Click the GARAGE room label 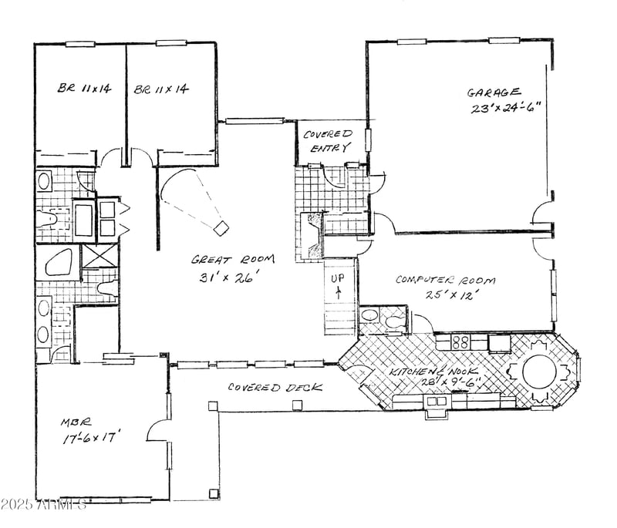point(494,92)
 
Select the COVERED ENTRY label point(328,140)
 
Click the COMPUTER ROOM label point(445,280)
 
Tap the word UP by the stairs point(338,277)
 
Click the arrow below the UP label point(338,291)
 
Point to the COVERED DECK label point(265,388)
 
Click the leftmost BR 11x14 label point(84,89)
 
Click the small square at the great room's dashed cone point(221,227)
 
